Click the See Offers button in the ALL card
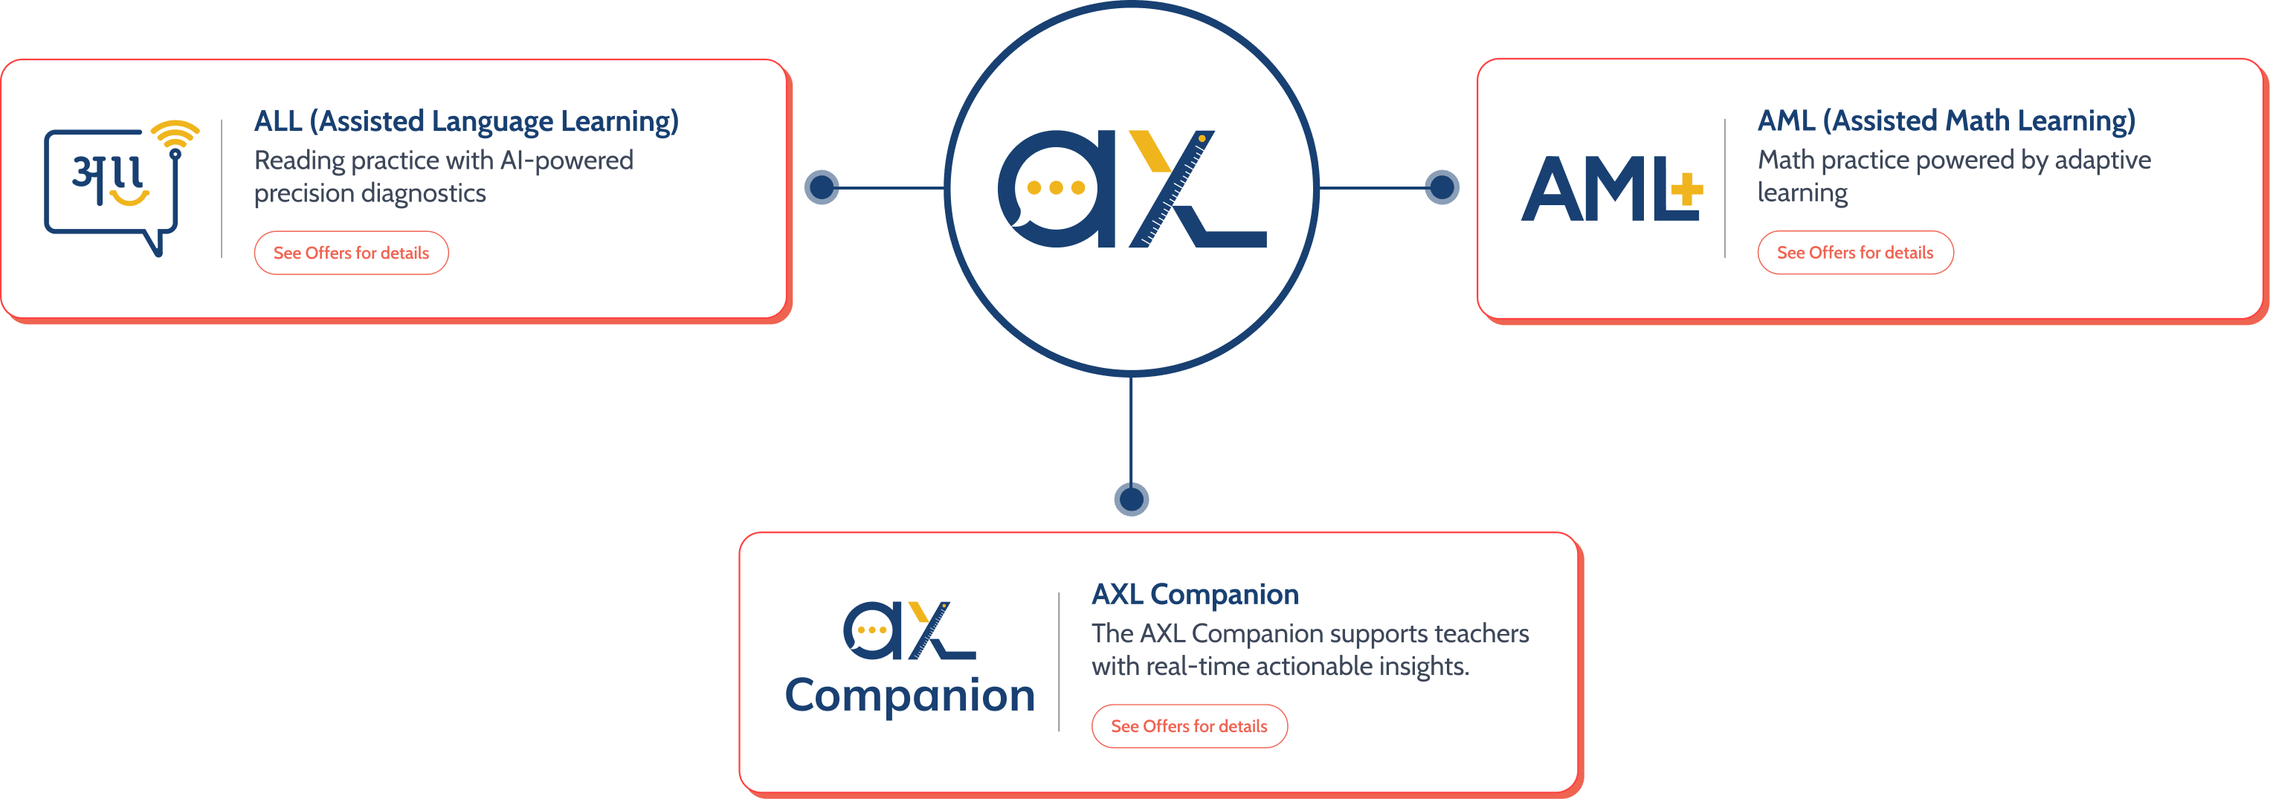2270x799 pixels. tap(351, 253)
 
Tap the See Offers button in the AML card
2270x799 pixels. tap(1855, 253)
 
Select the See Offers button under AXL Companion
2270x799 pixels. tap(1189, 726)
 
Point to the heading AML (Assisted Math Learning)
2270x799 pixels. tap(1947, 120)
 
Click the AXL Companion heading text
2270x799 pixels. tap(1195, 595)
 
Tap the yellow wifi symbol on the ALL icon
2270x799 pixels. tap(175, 134)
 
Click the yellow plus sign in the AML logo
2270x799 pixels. tap(1686, 189)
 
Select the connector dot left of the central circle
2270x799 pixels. tap(822, 187)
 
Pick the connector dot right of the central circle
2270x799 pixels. tap(1442, 187)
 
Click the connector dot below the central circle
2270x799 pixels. tap(1132, 499)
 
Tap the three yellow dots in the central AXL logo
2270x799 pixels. tap(1056, 187)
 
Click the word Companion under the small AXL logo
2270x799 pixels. tap(909, 696)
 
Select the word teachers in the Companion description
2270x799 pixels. tap(1481, 633)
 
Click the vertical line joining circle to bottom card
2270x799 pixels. tap(1132, 430)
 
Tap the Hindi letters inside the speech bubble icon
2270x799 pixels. tap(108, 180)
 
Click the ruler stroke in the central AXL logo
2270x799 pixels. tap(1172, 189)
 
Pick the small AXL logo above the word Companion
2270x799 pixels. tap(909, 630)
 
